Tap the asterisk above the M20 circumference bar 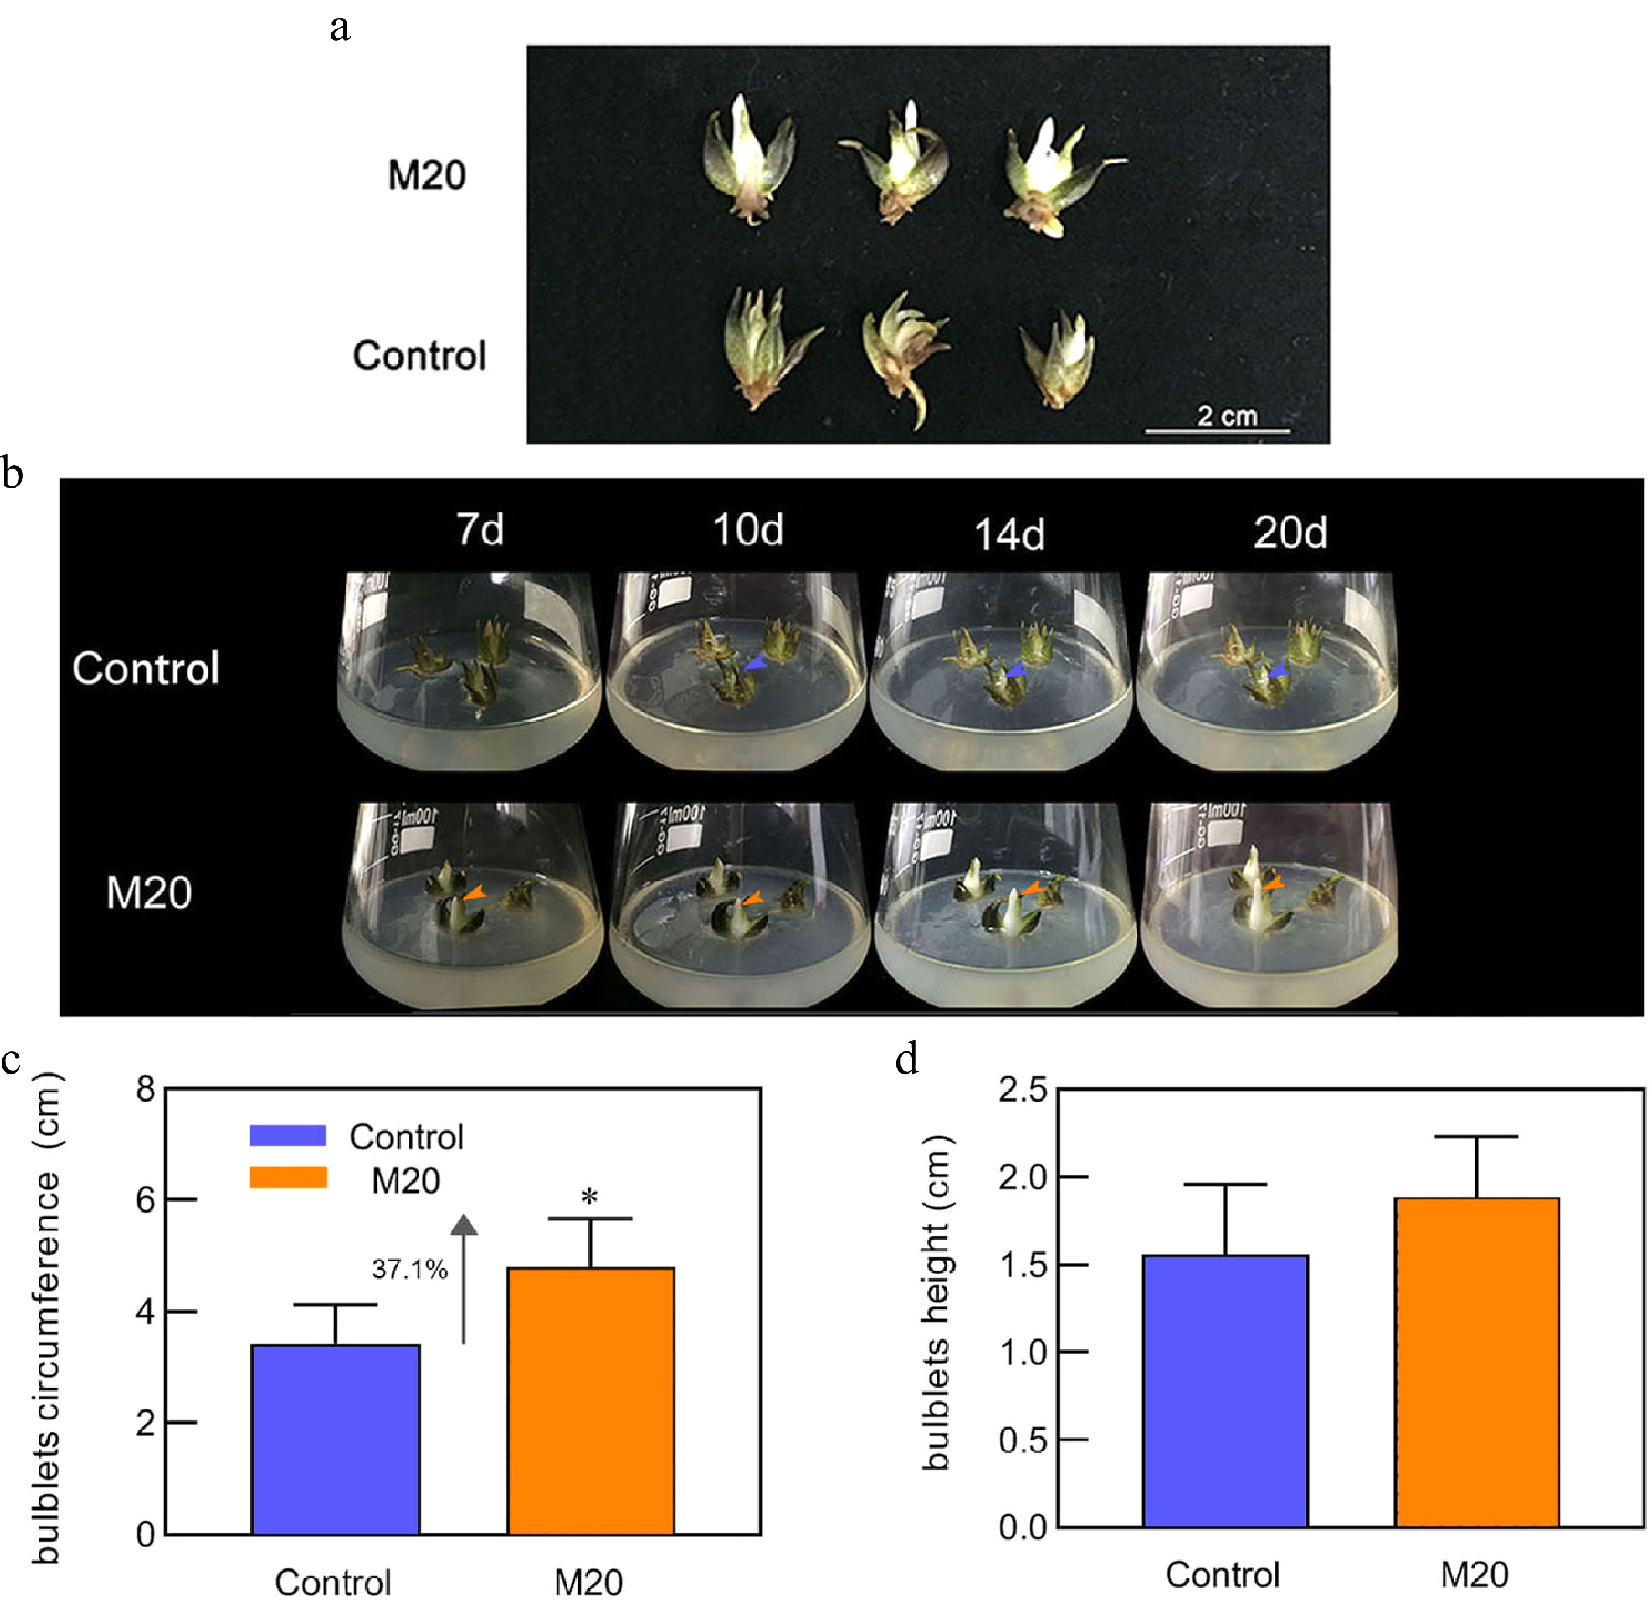[590, 1197]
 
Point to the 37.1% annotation [409, 1269]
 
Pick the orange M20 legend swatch [288, 1177]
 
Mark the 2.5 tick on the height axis [1022, 1091]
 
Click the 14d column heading [1009, 534]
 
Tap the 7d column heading [480, 530]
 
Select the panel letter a [340, 28]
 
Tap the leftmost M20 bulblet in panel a [748, 160]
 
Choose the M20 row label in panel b [148, 893]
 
